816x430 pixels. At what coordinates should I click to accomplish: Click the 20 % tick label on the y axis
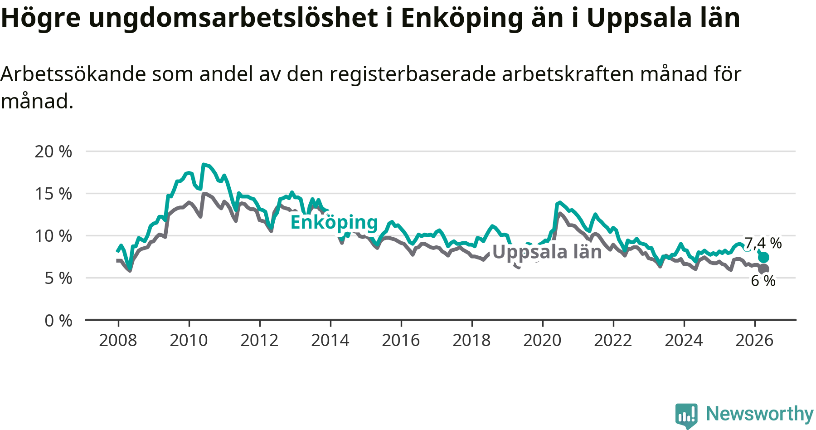[x=53, y=151]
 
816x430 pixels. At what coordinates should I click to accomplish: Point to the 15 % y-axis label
[x=53, y=194]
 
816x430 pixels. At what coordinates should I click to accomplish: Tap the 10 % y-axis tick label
[x=53, y=236]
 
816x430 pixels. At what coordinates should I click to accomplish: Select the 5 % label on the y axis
[x=58, y=278]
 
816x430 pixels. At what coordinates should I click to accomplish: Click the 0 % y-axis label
[x=58, y=321]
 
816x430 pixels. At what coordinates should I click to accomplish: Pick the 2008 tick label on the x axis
[x=118, y=340]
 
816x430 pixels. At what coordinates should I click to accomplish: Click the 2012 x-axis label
[x=259, y=340]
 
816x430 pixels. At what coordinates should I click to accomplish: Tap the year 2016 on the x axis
[x=401, y=340]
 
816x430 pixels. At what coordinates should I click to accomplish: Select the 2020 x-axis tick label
[x=542, y=340]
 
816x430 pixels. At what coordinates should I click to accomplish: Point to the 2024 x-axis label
[x=684, y=340]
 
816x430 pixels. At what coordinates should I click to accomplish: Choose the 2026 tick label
[x=754, y=340]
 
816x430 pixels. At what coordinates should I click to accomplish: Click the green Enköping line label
[x=334, y=223]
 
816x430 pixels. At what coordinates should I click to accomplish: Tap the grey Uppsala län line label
[x=547, y=252]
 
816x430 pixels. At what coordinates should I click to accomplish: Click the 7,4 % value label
[x=763, y=243]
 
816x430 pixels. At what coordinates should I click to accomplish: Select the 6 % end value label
[x=763, y=281]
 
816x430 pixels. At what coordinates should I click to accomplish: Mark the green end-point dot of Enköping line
[x=764, y=257]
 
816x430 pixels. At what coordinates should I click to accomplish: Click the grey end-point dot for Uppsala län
[x=764, y=269]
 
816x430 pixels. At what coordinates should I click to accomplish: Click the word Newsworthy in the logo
[x=760, y=414]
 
